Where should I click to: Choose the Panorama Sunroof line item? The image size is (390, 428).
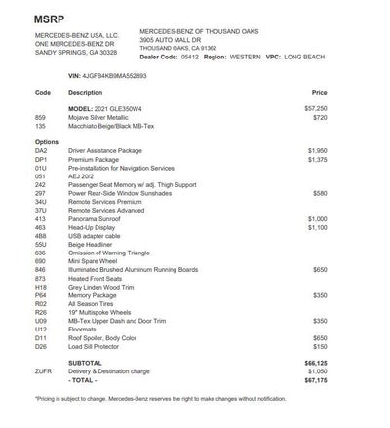(97, 220)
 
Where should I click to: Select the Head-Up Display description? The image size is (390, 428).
(95, 228)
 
